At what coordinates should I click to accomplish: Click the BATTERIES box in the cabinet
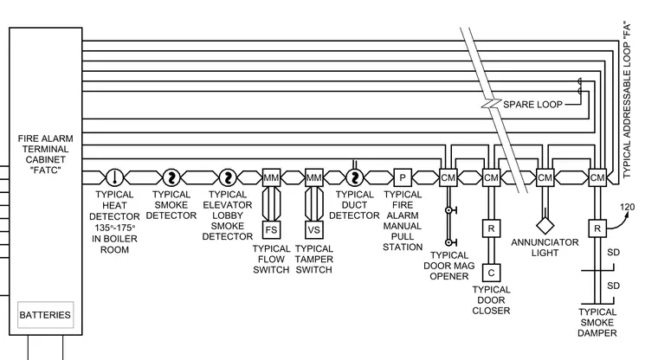click(x=45, y=315)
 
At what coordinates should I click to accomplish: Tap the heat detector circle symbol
click(x=114, y=177)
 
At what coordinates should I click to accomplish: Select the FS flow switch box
click(x=271, y=230)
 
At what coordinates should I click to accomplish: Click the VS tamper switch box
click(x=314, y=230)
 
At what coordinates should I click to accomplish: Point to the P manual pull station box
click(x=403, y=177)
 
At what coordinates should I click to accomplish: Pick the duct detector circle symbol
click(x=355, y=177)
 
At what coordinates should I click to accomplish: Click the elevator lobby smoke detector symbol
click(x=228, y=177)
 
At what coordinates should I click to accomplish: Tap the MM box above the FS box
click(x=271, y=177)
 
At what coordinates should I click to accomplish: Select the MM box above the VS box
click(x=314, y=177)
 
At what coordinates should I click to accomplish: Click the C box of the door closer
click(x=491, y=273)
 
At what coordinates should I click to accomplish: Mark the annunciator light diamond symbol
click(x=545, y=225)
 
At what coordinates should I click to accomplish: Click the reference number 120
click(x=628, y=207)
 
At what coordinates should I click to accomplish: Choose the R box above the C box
click(x=491, y=228)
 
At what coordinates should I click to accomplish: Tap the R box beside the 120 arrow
click(x=597, y=228)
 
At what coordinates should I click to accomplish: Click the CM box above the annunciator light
click(x=545, y=177)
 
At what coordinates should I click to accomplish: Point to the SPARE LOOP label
click(x=532, y=105)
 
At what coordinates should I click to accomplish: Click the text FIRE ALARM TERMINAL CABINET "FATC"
click(x=45, y=154)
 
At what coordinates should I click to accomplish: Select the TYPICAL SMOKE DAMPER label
click(x=597, y=323)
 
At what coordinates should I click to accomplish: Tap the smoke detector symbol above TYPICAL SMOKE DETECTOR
click(x=171, y=177)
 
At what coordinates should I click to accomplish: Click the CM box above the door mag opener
click(x=448, y=177)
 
